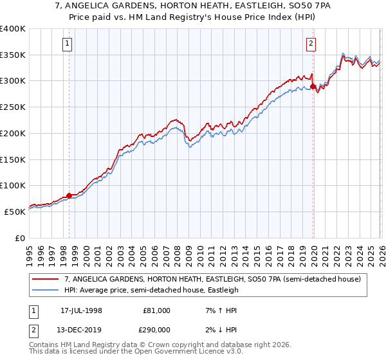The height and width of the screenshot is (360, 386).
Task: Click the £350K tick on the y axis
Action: tap(13, 55)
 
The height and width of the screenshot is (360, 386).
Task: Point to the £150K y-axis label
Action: tap(13, 159)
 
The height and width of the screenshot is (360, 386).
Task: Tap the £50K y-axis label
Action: tap(15, 212)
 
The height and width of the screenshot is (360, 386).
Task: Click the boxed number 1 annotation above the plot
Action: tap(68, 44)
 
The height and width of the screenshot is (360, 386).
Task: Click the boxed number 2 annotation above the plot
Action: tap(311, 44)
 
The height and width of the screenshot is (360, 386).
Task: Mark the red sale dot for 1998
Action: tap(69, 196)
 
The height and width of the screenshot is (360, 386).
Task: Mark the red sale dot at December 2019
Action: tap(313, 86)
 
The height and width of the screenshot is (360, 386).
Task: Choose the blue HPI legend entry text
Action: tap(151, 290)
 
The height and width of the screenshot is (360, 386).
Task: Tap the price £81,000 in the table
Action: tap(156, 310)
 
